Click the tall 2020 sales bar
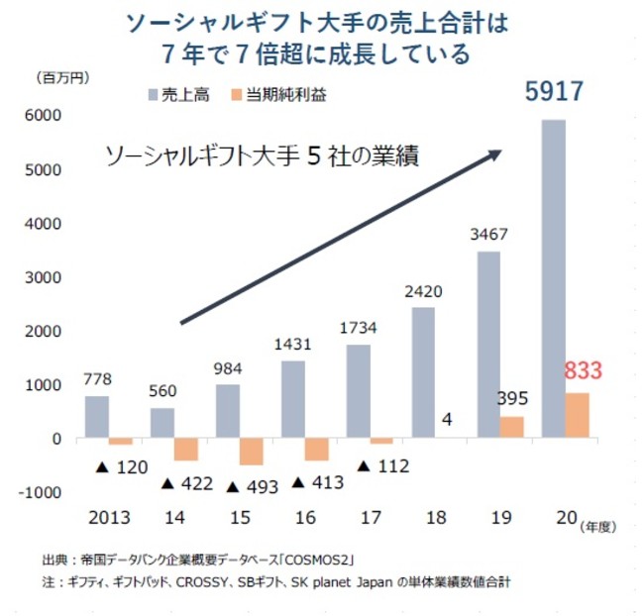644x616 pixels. (553, 277)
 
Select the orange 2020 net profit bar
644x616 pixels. (577, 416)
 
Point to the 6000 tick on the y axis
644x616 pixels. (47, 117)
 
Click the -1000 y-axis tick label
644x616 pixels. (42, 492)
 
